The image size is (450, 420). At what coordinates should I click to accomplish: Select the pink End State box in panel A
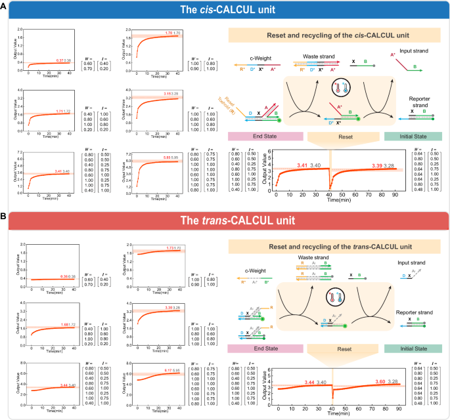click(x=265, y=136)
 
